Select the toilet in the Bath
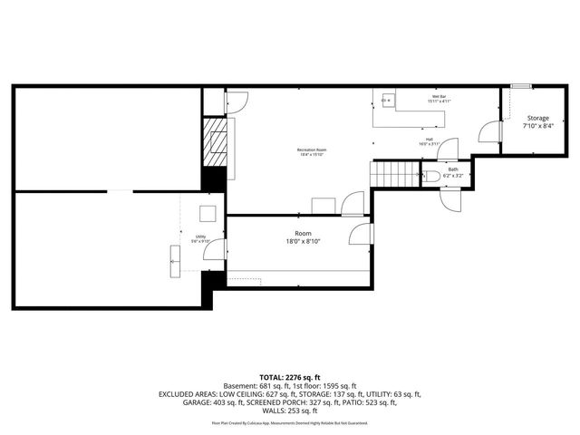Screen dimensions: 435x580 pyautogui.click(x=432, y=175)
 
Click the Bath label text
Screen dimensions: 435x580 pyautogui.click(x=452, y=169)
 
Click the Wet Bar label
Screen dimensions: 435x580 pyautogui.click(x=438, y=97)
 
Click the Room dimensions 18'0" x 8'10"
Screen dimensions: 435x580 pyautogui.click(x=303, y=241)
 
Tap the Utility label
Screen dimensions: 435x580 pyautogui.click(x=199, y=237)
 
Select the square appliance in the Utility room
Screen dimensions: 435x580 pyautogui.click(x=208, y=214)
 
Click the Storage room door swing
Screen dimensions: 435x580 pyautogui.click(x=490, y=133)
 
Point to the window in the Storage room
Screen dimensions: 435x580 pyautogui.click(x=520, y=86)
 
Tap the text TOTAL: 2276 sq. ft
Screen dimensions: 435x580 pyautogui.click(x=290, y=376)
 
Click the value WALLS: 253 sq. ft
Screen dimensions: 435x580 pyautogui.click(x=290, y=412)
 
